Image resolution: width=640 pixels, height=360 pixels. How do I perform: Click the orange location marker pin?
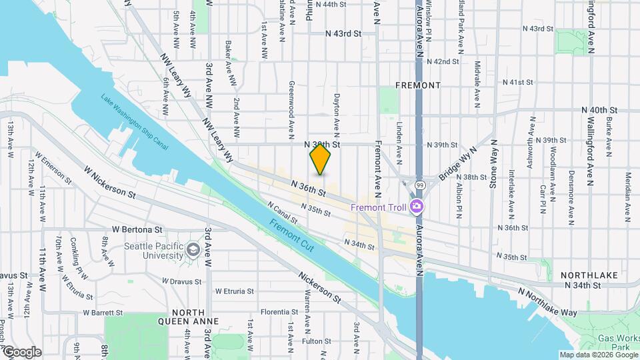(x=321, y=159)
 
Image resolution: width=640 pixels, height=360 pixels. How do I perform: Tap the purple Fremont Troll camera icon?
(x=417, y=207)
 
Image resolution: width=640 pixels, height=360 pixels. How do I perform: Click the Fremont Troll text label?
(x=379, y=207)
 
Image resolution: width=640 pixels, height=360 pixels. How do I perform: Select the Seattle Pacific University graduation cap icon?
(x=193, y=249)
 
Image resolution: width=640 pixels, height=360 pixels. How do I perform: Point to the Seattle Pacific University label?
(x=153, y=251)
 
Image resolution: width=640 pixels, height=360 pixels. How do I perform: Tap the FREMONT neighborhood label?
(x=418, y=85)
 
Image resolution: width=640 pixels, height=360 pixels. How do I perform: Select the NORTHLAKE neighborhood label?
(x=586, y=275)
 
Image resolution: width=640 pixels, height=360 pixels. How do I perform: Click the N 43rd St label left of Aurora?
(x=343, y=33)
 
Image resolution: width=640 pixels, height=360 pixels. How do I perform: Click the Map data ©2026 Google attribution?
(x=597, y=355)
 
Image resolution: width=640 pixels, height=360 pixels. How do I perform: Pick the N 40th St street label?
(x=600, y=110)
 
